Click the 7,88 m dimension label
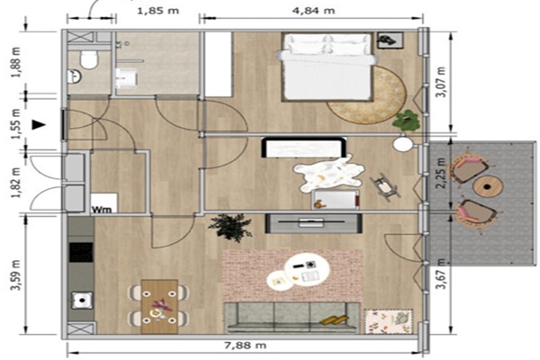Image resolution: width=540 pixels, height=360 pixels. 245,345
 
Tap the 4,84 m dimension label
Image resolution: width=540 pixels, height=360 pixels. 313,11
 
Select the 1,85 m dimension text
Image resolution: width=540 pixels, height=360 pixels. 158,11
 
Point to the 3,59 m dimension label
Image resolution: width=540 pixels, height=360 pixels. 16,274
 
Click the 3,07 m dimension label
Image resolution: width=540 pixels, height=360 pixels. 441,82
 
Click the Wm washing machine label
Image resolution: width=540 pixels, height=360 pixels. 102,209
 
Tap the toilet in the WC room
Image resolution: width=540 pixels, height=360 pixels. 90,59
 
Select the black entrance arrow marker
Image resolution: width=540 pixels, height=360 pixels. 39,125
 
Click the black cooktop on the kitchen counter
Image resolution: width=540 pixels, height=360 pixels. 81,253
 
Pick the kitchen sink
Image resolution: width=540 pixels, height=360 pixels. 82,300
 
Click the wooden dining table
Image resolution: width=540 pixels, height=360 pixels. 159,306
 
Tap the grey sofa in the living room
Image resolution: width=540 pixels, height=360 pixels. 292,318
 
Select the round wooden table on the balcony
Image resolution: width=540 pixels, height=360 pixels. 488,187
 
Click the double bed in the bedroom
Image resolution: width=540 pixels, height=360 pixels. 327,67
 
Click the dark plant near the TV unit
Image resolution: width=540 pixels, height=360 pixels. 230,226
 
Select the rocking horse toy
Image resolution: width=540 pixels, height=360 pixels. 385,187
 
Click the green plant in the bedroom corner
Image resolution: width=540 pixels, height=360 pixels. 407,121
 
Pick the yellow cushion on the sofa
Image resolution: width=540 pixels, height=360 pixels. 334,320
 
